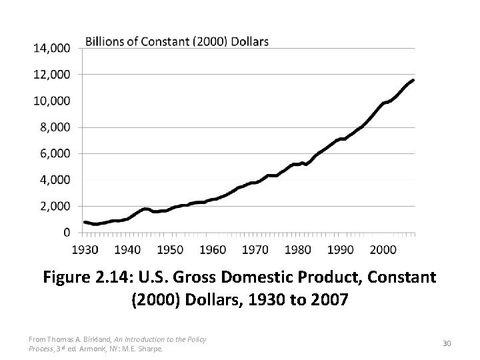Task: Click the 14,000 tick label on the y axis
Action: pyautogui.click(x=52, y=48)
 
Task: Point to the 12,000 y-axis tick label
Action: pyautogui.click(x=52, y=74)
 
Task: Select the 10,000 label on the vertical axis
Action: pyautogui.click(x=52, y=101)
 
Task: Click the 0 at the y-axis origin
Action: pyautogui.click(x=68, y=232)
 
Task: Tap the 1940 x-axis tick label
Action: pyautogui.click(x=127, y=249)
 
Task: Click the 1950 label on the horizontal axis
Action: pyautogui.click(x=170, y=249)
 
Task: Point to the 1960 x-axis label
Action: pyautogui.click(x=213, y=249)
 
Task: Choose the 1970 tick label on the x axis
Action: pyautogui.click(x=255, y=249)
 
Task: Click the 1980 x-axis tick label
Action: pyautogui.click(x=298, y=249)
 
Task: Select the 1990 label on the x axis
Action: pyautogui.click(x=341, y=249)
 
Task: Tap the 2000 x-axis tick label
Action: pyautogui.click(x=383, y=249)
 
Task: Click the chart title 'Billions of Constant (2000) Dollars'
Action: pyautogui.click(x=177, y=41)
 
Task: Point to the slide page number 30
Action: pyautogui.click(x=447, y=343)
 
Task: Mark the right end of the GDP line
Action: pyautogui.click(x=413, y=81)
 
